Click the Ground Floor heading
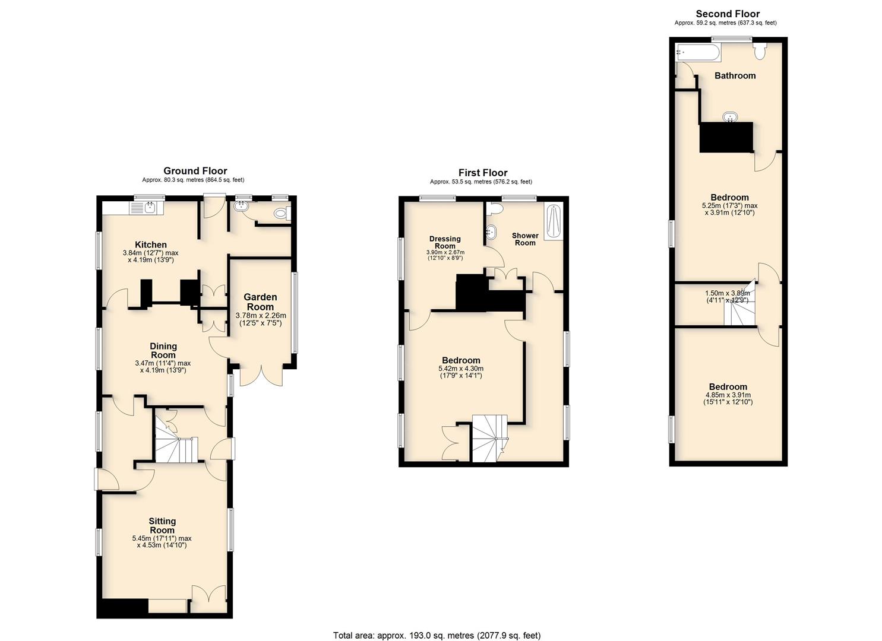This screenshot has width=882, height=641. (x=195, y=171)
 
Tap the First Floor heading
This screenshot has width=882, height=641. (x=483, y=173)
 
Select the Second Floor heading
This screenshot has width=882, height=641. (x=728, y=14)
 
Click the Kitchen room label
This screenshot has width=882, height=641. (x=151, y=245)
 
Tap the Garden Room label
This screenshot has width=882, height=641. (x=260, y=302)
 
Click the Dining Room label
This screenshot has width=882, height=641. (x=163, y=351)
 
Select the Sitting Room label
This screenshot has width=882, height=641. (x=162, y=526)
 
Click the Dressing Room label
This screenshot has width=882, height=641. (x=445, y=242)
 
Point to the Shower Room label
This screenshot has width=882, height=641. (x=525, y=239)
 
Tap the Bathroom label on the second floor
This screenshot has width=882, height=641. (x=735, y=75)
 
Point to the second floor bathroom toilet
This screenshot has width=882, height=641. (x=760, y=51)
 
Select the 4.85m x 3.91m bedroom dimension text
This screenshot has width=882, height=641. (x=728, y=398)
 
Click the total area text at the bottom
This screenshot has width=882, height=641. (x=437, y=624)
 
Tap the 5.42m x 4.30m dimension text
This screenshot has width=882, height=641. (x=461, y=372)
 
